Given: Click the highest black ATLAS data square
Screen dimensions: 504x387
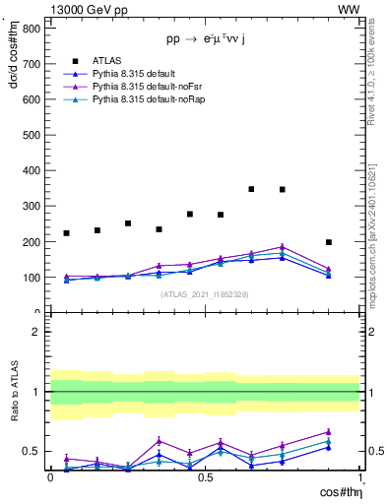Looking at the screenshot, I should pyautogui.click(x=251, y=189).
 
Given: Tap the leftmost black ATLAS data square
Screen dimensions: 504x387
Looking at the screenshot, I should pyautogui.click(x=66, y=233).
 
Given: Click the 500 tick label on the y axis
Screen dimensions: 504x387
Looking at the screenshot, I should pyautogui.click(x=31, y=135).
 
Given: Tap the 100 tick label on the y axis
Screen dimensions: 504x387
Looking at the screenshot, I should pyautogui.click(x=31, y=278).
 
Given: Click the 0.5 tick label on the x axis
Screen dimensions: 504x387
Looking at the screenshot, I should pyautogui.click(x=205, y=477).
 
